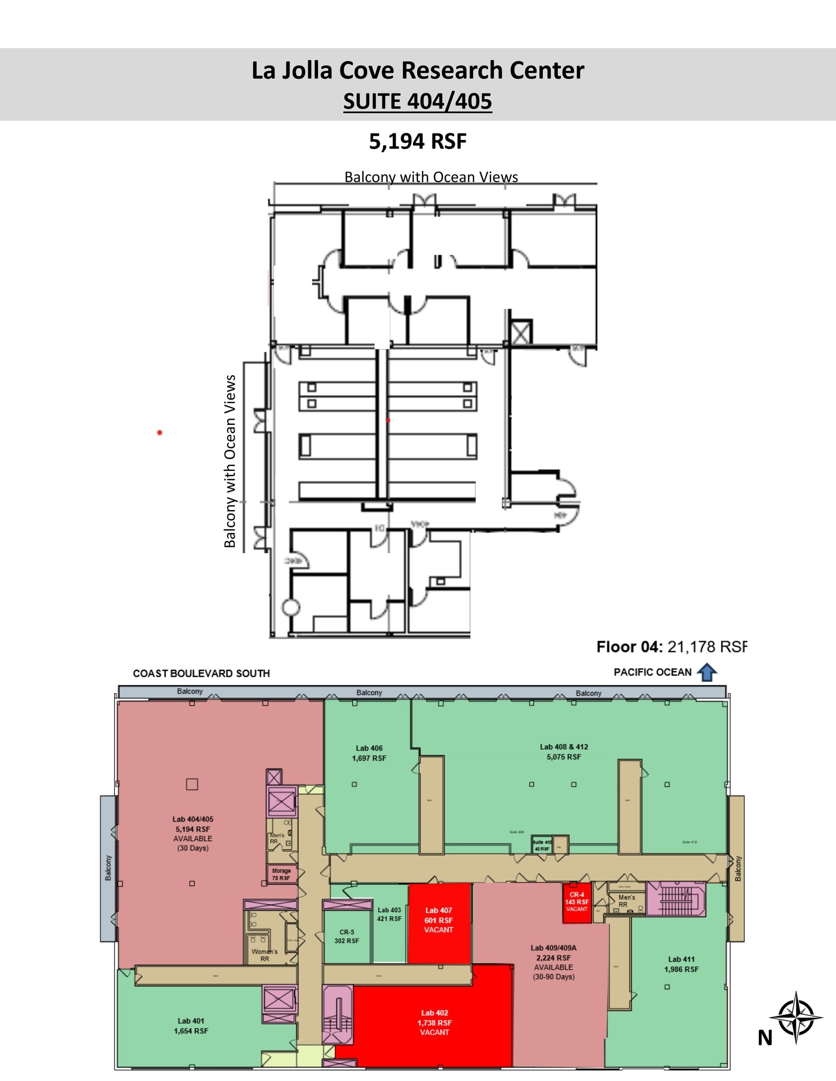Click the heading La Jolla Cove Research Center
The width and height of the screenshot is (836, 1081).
[417, 71]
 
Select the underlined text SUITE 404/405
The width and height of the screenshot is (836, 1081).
[417, 101]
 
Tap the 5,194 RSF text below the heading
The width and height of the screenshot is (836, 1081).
[417, 141]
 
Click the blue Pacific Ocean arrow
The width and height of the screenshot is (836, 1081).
[707, 672]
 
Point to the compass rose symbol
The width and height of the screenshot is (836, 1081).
[796, 1017]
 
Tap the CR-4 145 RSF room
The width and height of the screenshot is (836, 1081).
[577, 902]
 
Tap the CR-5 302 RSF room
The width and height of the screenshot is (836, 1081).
[346, 936]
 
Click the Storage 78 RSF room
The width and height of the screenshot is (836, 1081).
[281, 874]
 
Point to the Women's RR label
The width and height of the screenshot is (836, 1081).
[265, 955]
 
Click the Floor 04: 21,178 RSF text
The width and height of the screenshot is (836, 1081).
[671, 647]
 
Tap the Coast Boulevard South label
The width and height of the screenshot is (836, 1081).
[201, 674]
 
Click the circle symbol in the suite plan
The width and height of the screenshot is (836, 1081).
[291, 608]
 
